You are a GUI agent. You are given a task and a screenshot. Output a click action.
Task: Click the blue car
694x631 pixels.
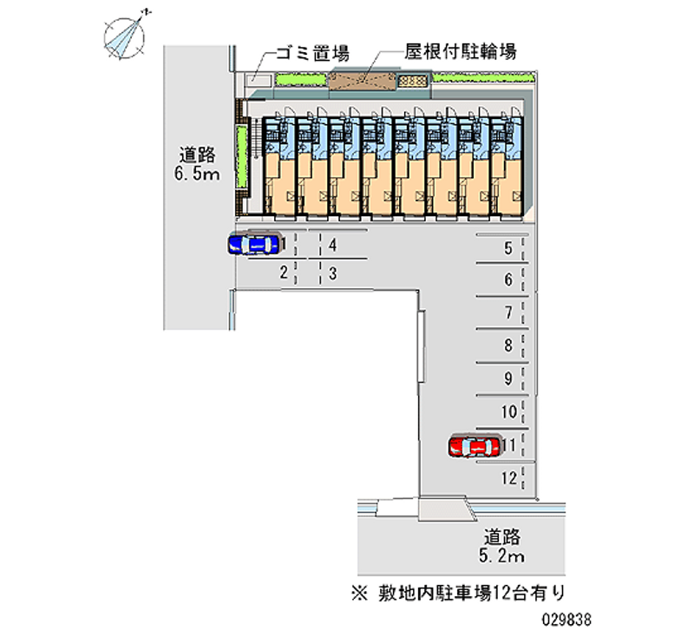click(x=252, y=245)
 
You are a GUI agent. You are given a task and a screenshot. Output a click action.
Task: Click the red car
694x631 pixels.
click(x=474, y=446)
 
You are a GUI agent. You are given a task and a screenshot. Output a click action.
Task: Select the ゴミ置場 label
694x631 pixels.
click(x=311, y=54)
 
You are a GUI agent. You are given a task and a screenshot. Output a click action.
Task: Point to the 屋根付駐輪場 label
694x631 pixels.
click(x=461, y=51)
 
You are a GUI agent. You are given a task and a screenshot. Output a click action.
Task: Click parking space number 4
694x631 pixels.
click(x=333, y=246)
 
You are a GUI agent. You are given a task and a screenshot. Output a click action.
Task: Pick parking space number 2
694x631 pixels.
click(x=283, y=273)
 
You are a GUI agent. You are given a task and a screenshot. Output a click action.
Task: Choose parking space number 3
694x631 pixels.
click(x=333, y=273)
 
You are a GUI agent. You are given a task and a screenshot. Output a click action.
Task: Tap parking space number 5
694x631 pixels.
click(x=508, y=249)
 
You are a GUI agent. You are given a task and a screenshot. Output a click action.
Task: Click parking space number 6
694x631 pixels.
click(x=508, y=280)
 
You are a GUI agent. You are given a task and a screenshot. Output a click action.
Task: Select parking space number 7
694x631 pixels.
click(x=508, y=312)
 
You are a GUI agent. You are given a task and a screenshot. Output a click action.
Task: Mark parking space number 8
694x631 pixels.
click(x=508, y=345)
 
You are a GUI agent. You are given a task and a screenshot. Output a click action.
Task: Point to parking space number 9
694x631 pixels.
click(x=508, y=378)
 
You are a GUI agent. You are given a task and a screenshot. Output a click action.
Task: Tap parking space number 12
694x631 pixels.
click(x=509, y=477)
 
